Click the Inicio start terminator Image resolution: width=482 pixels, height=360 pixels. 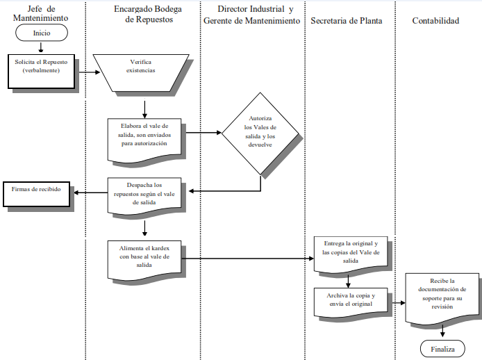click(x=41, y=33)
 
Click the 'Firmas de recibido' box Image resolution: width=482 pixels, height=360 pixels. click(x=36, y=194)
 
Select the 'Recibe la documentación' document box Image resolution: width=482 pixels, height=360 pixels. click(x=438, y=296)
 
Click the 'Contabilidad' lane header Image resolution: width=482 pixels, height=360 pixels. click(x=435, y=21)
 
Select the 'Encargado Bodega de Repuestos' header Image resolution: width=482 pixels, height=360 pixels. click(x=144, y=14)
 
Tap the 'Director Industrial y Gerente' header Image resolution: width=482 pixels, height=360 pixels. click(x=252, y=14)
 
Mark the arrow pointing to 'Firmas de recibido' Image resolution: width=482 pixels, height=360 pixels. click(x=90, y=193)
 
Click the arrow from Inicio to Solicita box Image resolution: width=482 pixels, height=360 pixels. click(x=41, y=47)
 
